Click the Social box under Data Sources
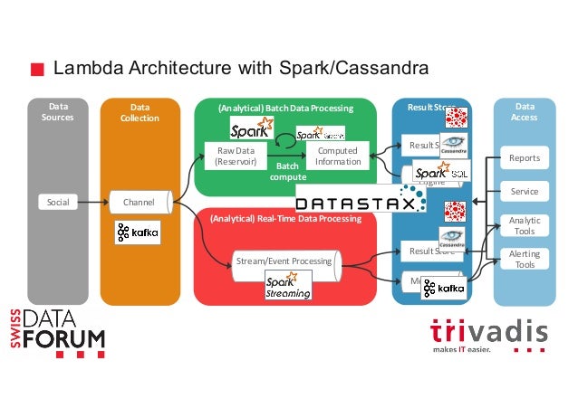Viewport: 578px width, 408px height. tap(58, 202)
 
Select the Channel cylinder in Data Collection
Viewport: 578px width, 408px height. tap(138, 202)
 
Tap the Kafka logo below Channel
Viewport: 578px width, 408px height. tap(138, 232)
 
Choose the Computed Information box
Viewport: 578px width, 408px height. tap(337, 156)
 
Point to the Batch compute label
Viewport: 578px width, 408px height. tap(287, 172)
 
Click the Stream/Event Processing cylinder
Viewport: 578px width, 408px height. tap(284, 261)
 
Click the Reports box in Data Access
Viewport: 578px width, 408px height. tap(525, 158)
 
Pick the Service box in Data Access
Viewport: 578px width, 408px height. tap(525, 192)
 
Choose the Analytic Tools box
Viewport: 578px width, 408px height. tap(525, 226)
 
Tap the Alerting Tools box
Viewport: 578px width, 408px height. tap(525, 260)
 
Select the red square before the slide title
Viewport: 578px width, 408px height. tap(37, 70)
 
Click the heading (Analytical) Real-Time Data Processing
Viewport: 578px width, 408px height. tap(285, 219)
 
